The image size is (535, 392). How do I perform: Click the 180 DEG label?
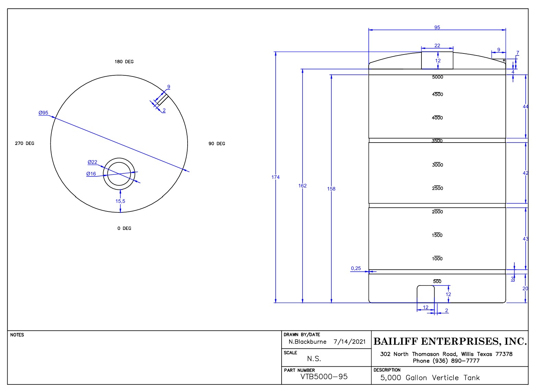[124, 62]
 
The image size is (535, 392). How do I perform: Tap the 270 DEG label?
[24, 143]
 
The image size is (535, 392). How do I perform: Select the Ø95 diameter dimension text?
[43, 113]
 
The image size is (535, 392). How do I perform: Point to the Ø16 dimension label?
[91, 174]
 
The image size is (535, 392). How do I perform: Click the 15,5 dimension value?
[120, 201]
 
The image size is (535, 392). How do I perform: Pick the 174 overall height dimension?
[275, 177]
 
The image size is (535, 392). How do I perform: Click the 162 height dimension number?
[302, 186]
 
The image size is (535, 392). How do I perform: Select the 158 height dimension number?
[331, 189]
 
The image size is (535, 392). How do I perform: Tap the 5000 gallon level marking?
[437, 77]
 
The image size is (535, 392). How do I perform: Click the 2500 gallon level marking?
[437, 188]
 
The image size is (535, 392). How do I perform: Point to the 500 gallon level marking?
[437, 281]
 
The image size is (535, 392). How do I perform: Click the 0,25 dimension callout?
[356, 268]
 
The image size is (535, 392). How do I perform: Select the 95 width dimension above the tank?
[437, 27]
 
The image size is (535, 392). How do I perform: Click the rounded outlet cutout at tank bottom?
[425, 294]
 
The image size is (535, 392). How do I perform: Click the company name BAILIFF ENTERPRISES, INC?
[450, 341]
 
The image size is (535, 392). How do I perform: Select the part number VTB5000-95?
[324, 377]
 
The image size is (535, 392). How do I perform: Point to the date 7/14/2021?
[349, 342]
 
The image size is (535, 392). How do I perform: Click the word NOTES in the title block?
[17, 335]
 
